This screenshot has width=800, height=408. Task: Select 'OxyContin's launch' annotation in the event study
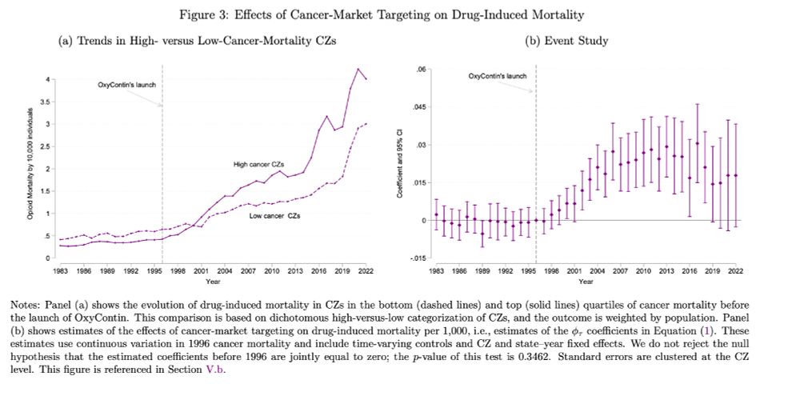(x=497, y=76)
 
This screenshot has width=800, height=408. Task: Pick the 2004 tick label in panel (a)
(x=228, y=271)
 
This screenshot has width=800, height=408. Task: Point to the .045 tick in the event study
(x=420, y=107)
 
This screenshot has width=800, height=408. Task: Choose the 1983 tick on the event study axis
(x=435, y=272)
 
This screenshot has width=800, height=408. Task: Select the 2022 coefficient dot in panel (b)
(x=735, y=175)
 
